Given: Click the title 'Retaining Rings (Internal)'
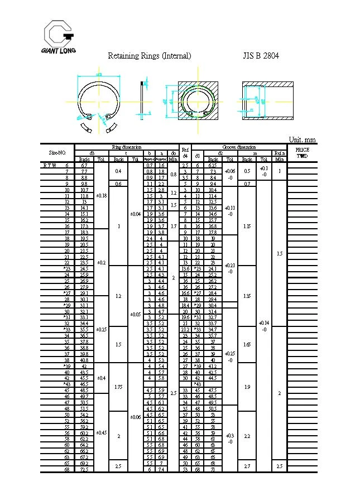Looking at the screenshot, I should click(149, 56).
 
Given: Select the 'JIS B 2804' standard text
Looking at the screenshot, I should click(261, 56).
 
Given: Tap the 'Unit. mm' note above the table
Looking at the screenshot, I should click(302, 139).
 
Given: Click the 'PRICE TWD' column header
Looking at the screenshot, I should click(302, 152).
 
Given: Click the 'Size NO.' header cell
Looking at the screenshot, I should click(57, 152).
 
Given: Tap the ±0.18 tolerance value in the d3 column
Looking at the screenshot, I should click(100, 195).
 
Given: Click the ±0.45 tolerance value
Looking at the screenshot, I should click(100, 432).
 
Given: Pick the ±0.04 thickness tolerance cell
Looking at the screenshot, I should click(135, 213).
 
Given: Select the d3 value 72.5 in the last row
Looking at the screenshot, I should click(84, 470).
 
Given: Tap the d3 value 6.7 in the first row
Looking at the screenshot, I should click(84, 166).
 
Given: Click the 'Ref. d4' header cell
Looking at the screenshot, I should click(186, 152).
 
